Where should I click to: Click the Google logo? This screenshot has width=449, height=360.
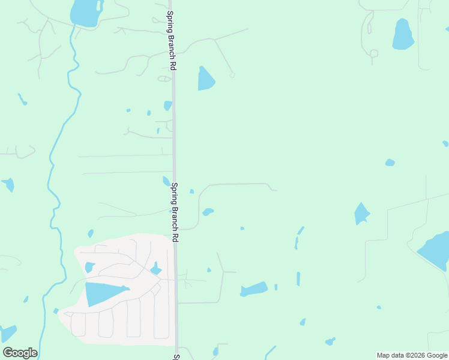coord(20,353)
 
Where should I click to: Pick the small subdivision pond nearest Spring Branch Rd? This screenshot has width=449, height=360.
coord(155,269)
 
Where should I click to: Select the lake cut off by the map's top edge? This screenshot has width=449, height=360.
coord(85,13)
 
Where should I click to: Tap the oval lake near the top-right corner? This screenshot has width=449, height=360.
coord(403,35)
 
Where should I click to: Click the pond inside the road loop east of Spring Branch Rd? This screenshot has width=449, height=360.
coord(208,212)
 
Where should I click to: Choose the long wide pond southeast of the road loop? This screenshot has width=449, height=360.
coord(255,289)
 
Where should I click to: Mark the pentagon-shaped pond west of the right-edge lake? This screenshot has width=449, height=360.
coord(361,214)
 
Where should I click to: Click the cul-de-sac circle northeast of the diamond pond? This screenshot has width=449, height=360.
coord(232,75)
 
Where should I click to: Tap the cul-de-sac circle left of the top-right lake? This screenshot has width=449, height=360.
coord(374,53)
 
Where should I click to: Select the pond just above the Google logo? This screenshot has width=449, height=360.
coord(8,334)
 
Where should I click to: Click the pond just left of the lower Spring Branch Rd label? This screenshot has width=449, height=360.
coord(166,181)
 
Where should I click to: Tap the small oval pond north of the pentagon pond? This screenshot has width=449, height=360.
coord(390,163)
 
